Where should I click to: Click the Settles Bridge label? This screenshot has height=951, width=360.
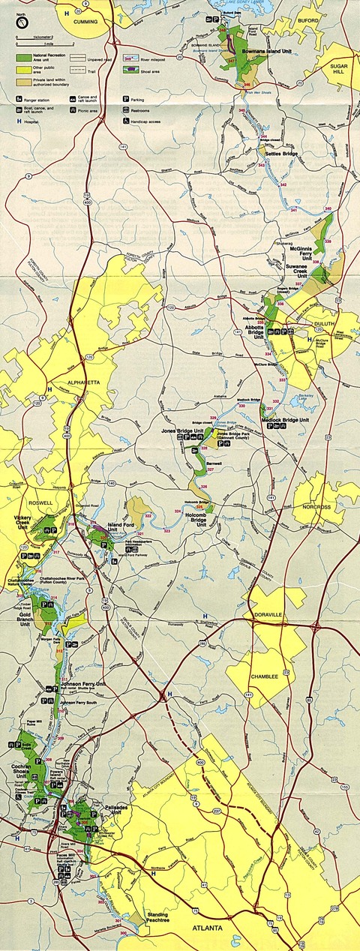[280, 154]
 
